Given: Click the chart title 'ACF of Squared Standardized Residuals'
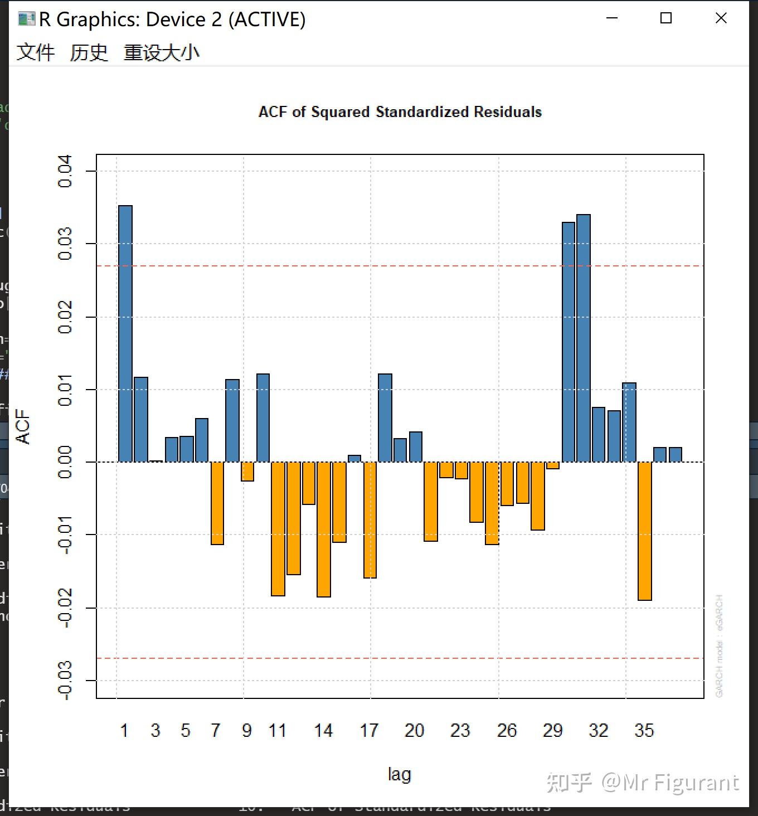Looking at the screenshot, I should [x=400, y=112].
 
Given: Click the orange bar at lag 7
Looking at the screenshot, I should [x=217, y=503].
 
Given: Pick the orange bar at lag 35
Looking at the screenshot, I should [x=645, y=531].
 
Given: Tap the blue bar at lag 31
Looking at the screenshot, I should [x=584, y=338].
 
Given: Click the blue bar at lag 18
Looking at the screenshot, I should [x=385, y=417].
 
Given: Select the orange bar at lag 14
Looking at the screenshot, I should [x=324, y=529].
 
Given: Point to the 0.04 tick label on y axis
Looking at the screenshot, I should [x=65, y=171].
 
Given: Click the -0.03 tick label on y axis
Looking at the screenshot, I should [x=65, y=680].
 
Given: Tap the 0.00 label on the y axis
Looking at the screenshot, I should [x=65, y=462].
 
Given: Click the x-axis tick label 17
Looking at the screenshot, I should [x=369, y=730].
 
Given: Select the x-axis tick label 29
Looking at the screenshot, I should [x=552, y=730].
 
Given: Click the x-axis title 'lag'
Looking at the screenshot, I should [x=399, y=774].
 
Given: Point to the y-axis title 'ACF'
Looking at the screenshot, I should [x=23, y=426].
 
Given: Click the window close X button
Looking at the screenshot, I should [x=721, y=18].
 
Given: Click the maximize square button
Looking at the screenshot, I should [x=665, y=18].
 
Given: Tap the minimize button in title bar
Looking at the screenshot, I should [x=612, y=18].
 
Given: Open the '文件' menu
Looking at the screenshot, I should [x=36, y=52].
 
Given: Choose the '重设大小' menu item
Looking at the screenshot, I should [x=161, y=52].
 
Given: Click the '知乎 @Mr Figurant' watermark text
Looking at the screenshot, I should [x=642, y=783].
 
